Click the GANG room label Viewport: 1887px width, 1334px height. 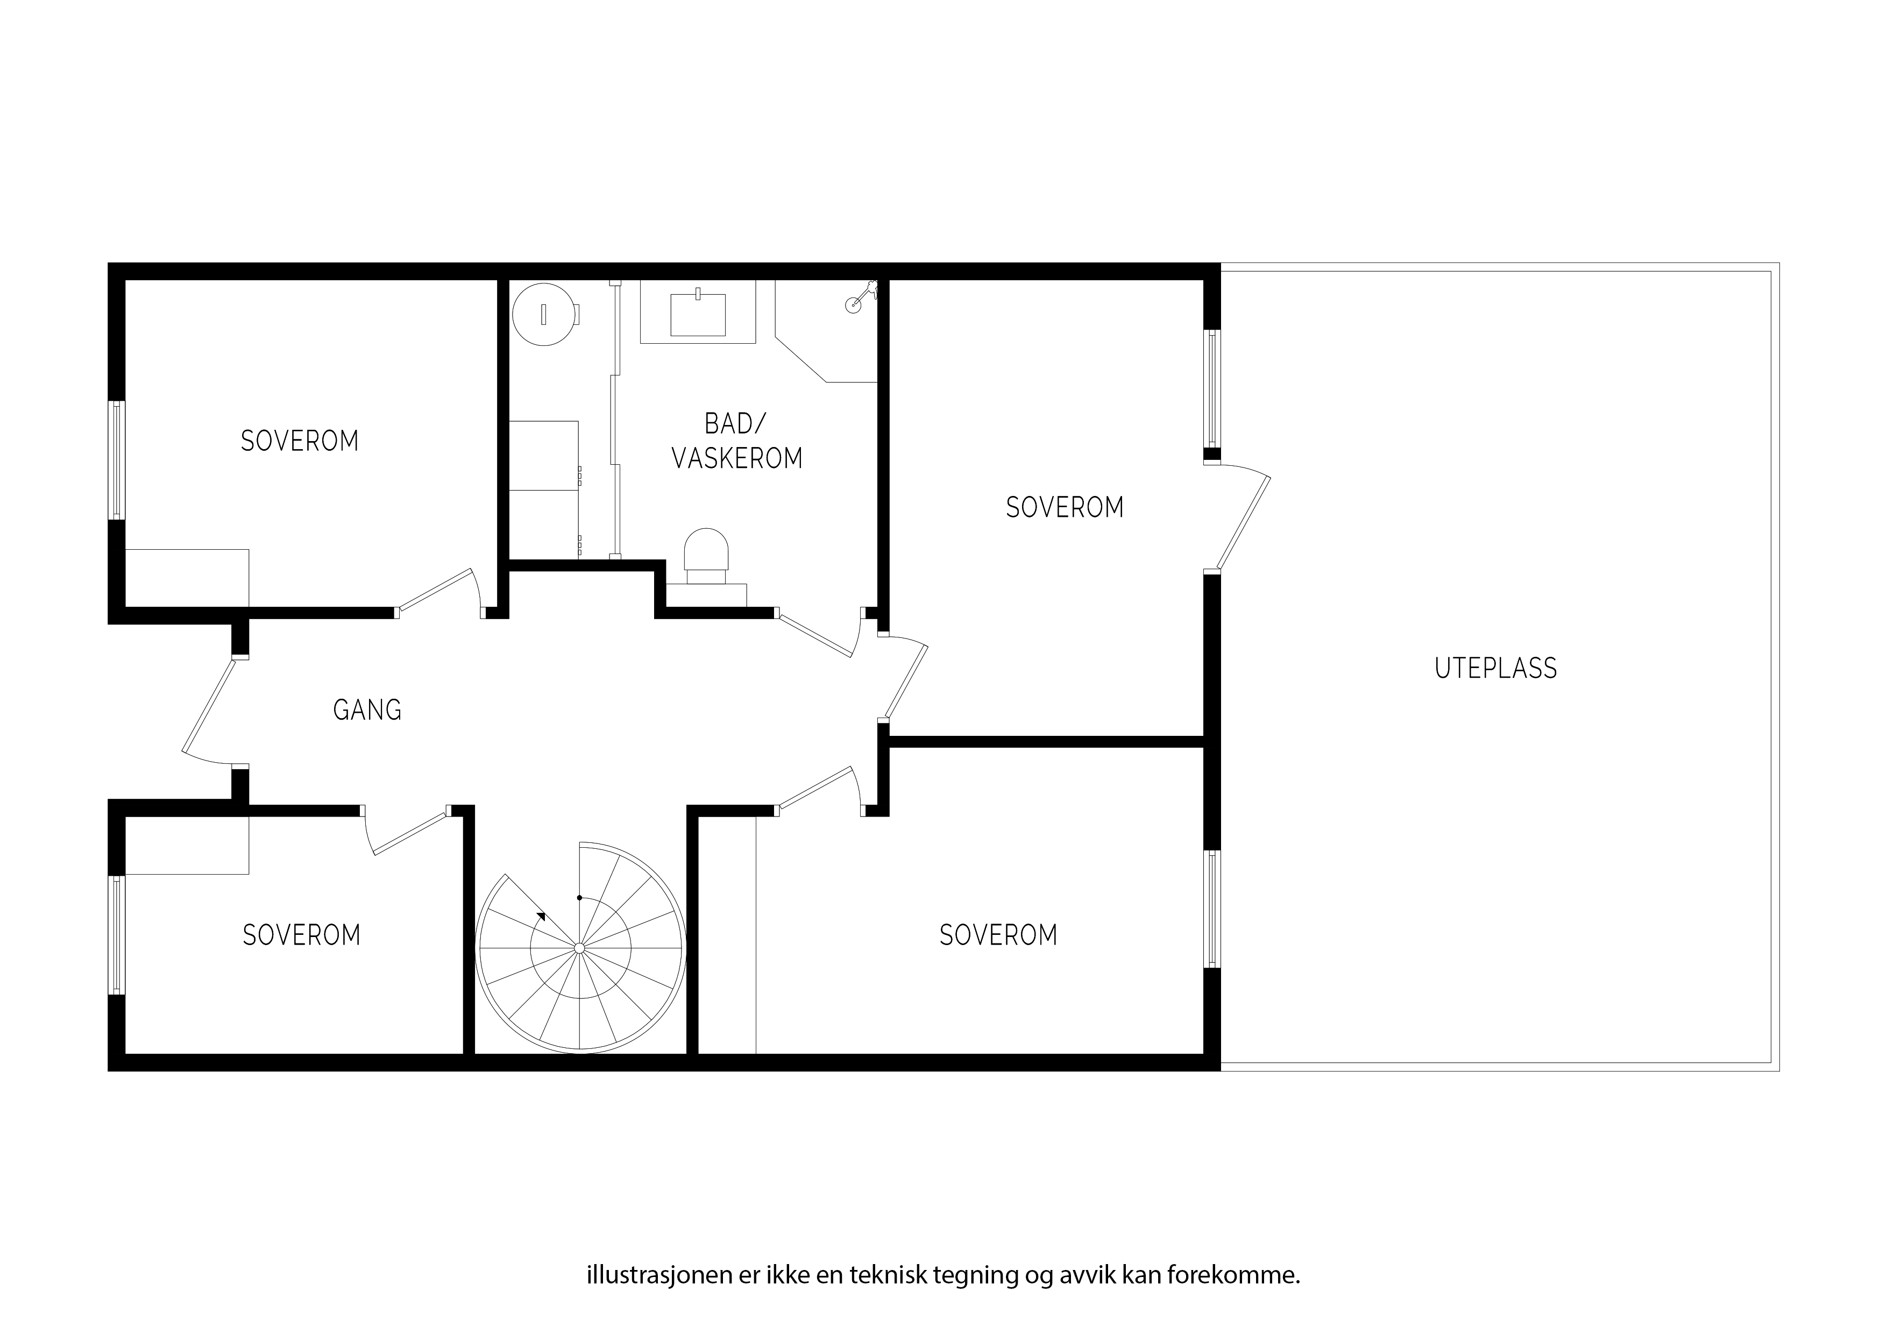point(367,710)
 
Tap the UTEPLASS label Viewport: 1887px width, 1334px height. point(1496,668)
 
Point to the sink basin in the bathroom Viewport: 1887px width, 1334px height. point(698,315)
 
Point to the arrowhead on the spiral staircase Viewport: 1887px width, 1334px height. point(540,917)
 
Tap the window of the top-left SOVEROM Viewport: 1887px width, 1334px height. point(117,460)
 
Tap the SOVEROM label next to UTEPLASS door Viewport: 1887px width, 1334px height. point(1065,508)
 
